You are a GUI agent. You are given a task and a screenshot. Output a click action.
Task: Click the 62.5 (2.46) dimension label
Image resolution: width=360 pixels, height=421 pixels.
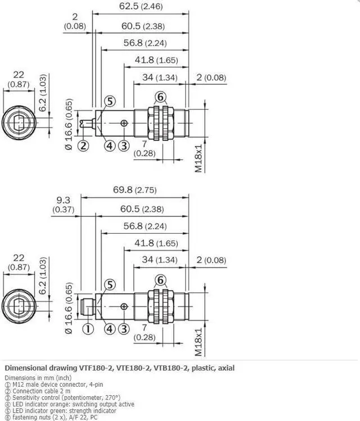[x=141, y=6]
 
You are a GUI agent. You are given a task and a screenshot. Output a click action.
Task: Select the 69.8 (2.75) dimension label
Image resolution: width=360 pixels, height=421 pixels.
[x=134, y=189]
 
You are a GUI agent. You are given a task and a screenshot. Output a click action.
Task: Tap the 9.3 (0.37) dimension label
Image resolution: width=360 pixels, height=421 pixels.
[x=63, y=205]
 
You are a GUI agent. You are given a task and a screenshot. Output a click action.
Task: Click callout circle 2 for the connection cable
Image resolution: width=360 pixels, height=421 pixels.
[x=83, y=146]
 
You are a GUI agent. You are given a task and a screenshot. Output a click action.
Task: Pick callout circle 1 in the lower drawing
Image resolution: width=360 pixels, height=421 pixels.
[x=88, y=329]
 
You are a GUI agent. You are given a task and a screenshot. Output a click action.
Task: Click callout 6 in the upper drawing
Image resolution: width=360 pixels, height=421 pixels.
[x=160, y=97]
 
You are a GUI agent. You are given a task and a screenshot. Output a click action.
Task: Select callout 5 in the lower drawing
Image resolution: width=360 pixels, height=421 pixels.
[x=110, y=284]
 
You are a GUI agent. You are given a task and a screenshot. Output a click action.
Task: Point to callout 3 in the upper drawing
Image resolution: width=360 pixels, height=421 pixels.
[x=124, y=146]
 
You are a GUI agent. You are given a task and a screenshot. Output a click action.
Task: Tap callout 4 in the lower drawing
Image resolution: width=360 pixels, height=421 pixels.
[x=110, y=329]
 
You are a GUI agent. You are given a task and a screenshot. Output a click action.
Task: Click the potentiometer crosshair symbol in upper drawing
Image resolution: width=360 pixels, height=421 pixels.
[x=124, y=123]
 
